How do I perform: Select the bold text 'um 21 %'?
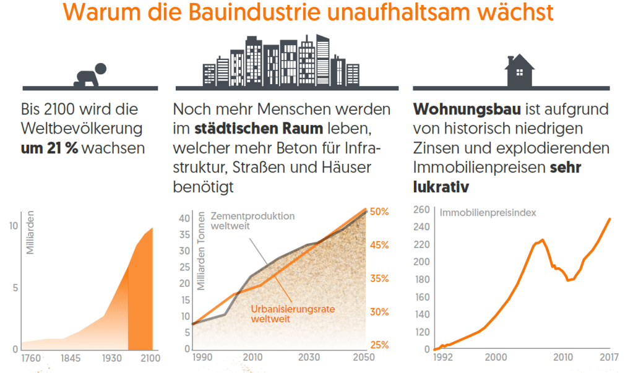[x=50, y=148]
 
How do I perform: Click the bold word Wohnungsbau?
[x=467, y=109]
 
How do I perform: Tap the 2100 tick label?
[x=149, y=358]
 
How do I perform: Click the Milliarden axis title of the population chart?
[x=30, y=236]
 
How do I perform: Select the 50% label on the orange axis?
[x=379, y=212]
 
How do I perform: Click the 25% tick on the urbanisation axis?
[x=379, y=345]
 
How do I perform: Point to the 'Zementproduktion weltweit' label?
[x=252, y=221]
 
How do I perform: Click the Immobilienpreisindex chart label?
[x=488, y=212]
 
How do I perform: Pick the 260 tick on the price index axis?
[x=421, y=210]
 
